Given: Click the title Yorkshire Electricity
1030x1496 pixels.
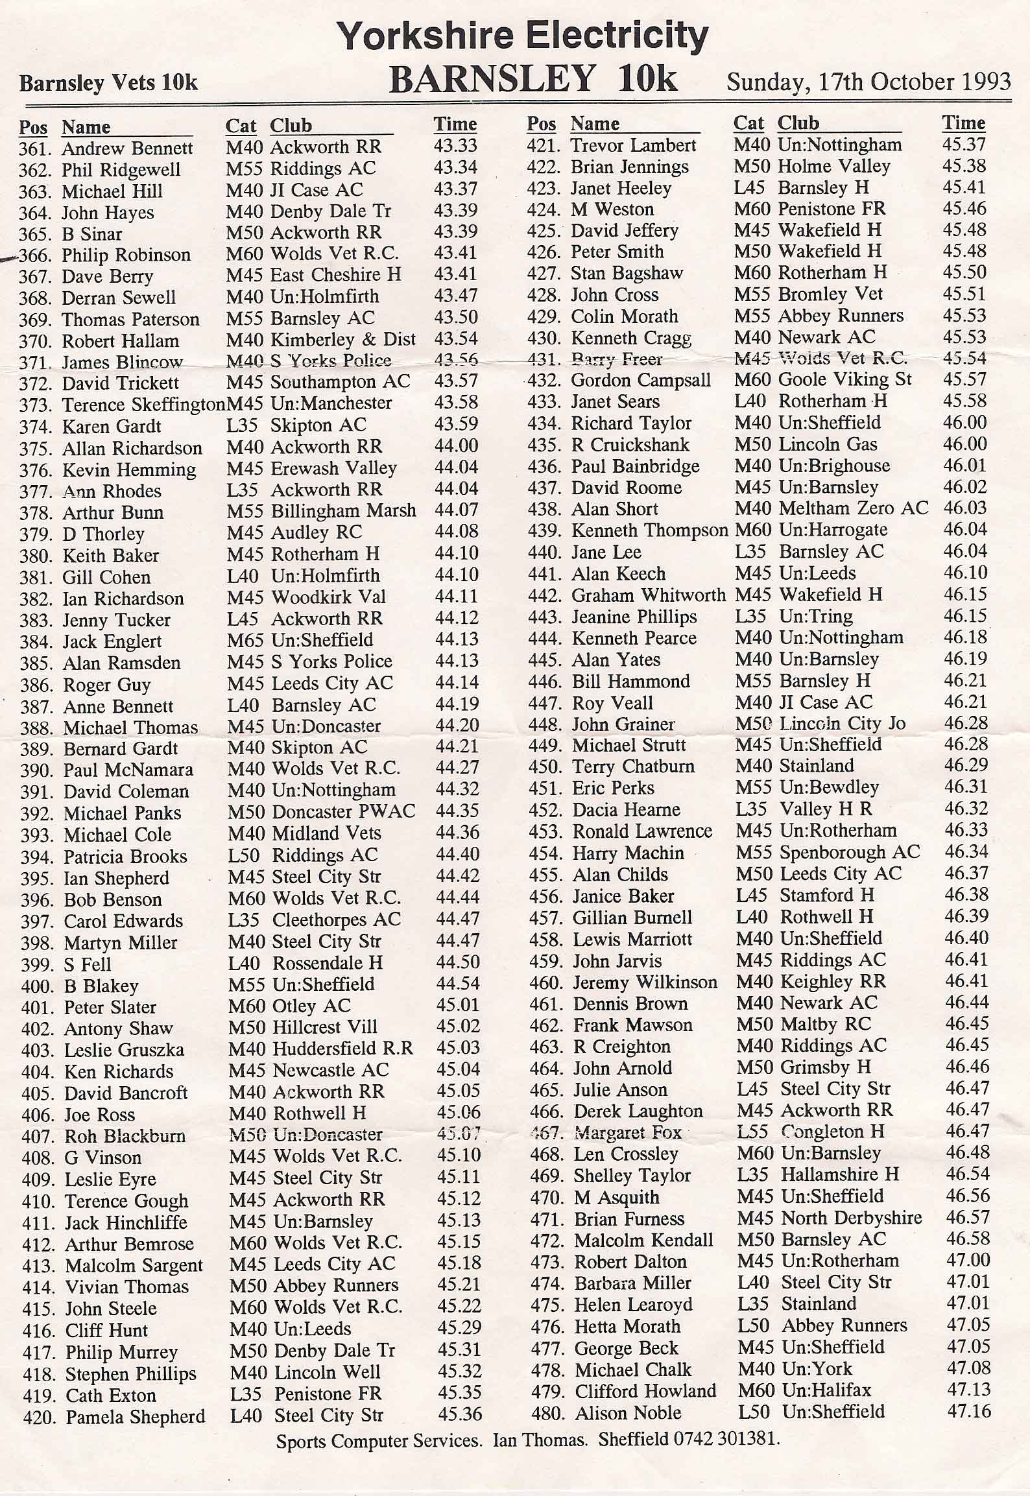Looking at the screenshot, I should click(523, 36).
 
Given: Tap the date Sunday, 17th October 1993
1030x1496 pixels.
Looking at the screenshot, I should click(868, 82).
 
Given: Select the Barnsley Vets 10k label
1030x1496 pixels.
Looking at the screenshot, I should click(108, 84).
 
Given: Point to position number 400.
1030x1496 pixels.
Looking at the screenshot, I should click(36, 987).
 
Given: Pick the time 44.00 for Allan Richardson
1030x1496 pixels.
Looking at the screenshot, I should click(457, 446).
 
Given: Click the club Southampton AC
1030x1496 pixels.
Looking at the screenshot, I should click(340, 381).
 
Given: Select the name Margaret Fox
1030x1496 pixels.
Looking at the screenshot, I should click(628, 1133).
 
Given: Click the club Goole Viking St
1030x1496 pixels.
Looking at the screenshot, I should click(844, 379).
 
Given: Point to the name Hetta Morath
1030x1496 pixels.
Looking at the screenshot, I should click(627, 1326).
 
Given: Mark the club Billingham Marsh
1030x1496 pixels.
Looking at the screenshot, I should click(343, 511).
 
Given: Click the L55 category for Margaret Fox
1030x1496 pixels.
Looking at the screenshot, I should click(752, 1132).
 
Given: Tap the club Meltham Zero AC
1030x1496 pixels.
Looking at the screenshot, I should click(854, 508).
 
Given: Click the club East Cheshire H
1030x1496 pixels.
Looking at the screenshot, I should click(335, 275).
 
